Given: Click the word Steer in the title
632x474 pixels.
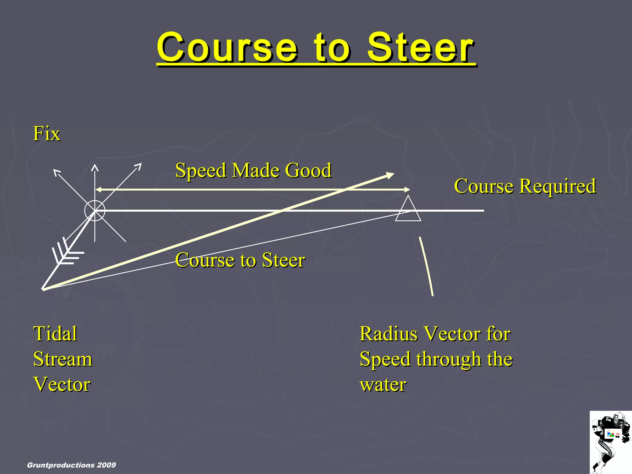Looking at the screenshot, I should tap(420, 48).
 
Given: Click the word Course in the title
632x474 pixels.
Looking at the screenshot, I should tap(227, 48).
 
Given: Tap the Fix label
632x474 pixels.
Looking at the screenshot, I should tap(47, 134).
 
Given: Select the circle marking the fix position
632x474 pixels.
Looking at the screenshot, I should tap(95, 210).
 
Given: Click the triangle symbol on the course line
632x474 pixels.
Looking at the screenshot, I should tap(408, 210).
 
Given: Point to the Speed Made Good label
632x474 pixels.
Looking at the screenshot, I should tap(253, 170).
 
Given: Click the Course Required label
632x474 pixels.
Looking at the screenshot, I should tap(525, 186).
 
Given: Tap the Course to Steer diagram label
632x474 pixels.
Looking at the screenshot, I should tap(240, 260).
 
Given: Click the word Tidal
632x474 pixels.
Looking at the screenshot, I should tap(55, 334).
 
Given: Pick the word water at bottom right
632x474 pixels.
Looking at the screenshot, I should tap(383, 385).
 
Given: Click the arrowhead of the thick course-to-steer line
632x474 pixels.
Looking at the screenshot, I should tap(391, 175).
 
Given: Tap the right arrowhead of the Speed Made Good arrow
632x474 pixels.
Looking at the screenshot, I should tap(407, 189).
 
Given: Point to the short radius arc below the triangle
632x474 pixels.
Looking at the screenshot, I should tap(426, 266).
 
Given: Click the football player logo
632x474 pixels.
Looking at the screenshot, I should tap(610, 442).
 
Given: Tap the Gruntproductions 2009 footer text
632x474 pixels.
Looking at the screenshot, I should tap(71, 465).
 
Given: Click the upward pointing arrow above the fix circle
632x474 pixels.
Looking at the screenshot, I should tap(95, 168).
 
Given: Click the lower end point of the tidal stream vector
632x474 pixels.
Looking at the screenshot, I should tap(43, 289).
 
